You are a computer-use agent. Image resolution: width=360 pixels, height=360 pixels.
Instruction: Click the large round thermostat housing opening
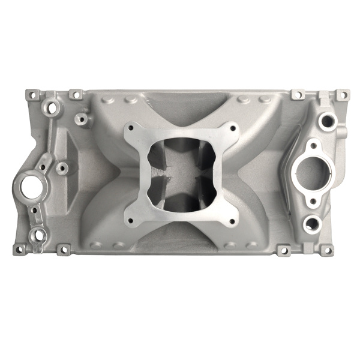[313, 173]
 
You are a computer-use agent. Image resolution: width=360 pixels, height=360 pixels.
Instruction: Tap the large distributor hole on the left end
[28, 186]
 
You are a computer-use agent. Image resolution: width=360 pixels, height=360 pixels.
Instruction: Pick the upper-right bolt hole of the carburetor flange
[229, 127]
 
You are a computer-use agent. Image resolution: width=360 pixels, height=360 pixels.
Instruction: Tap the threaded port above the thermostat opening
[326, 121]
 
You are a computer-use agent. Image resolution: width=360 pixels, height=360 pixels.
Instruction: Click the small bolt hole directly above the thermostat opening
[313, 145]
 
